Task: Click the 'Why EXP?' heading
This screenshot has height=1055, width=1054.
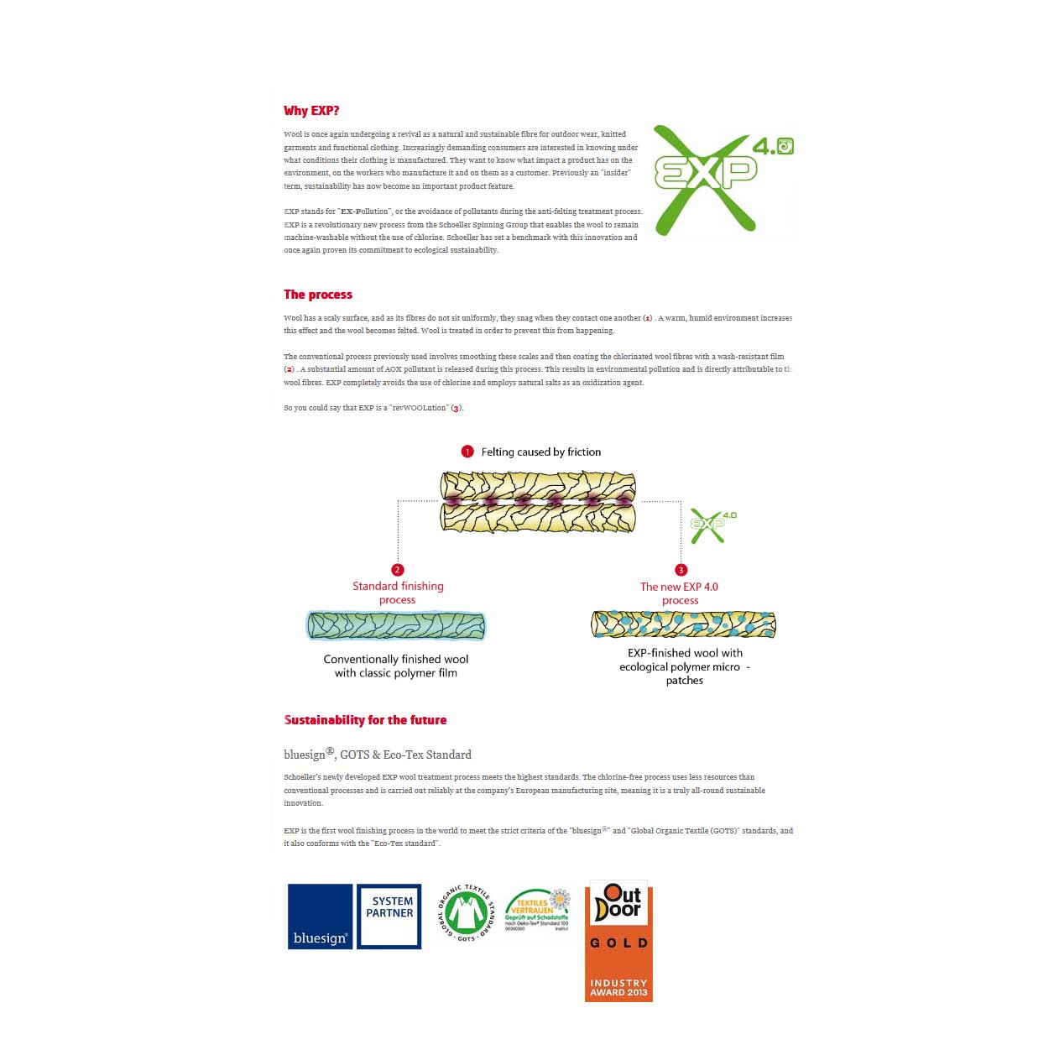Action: [x=311, y=111]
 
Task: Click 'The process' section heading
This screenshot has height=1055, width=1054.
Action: [x=318, y=295]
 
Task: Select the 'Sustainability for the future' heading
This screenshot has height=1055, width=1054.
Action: [x=365, y=720]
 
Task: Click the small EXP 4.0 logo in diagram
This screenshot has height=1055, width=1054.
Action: [x=712, y=525]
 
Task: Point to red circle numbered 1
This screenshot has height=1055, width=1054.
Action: [x=467, y=452]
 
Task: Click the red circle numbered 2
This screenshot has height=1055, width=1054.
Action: [x=398, y=570]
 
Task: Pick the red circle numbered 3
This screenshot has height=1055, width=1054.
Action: [x=681, y=570]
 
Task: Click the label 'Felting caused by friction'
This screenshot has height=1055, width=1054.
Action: [x=541, y=452]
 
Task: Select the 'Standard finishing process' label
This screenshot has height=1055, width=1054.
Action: [x=398, y=593]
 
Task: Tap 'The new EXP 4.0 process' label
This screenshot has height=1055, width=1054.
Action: [x=680, y=593]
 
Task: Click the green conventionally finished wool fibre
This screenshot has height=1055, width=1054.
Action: [x=396, y=625]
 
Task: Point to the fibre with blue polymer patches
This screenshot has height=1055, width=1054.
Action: [x=683, y=624]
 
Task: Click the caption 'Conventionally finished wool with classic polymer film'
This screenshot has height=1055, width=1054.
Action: [x=396, y=666]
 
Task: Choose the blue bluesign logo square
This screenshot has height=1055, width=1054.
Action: [x=320, y=917]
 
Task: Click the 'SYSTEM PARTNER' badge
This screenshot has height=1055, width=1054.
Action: [x=389, y=917]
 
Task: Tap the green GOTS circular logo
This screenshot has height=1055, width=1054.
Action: [x=467, y=912]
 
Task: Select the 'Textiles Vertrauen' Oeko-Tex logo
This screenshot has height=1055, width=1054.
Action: [x=537, y=911]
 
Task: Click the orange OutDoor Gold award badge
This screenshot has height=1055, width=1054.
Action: [x=618, y=941]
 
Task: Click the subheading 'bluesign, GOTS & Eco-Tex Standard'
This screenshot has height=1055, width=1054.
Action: [x=378, y=755]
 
